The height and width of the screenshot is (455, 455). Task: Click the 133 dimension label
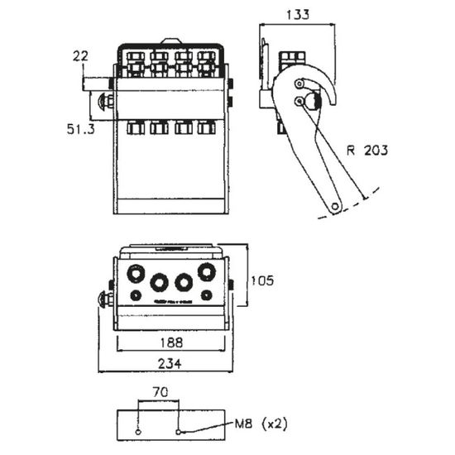[298, 15]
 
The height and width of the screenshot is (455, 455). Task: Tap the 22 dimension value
[80, 56]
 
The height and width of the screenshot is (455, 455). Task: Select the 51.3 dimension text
[81, 129]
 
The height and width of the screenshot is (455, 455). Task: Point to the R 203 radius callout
[367, 151]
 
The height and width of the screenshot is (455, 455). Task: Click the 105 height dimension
[262, 280]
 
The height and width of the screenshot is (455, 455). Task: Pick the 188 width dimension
[171, 342]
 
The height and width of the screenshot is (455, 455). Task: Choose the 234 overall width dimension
[170, 364]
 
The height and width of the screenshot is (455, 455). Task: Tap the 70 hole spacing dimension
[160, 393]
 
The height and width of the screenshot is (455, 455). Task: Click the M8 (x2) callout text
[261, 424]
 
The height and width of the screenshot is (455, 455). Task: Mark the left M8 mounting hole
[138, 432]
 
